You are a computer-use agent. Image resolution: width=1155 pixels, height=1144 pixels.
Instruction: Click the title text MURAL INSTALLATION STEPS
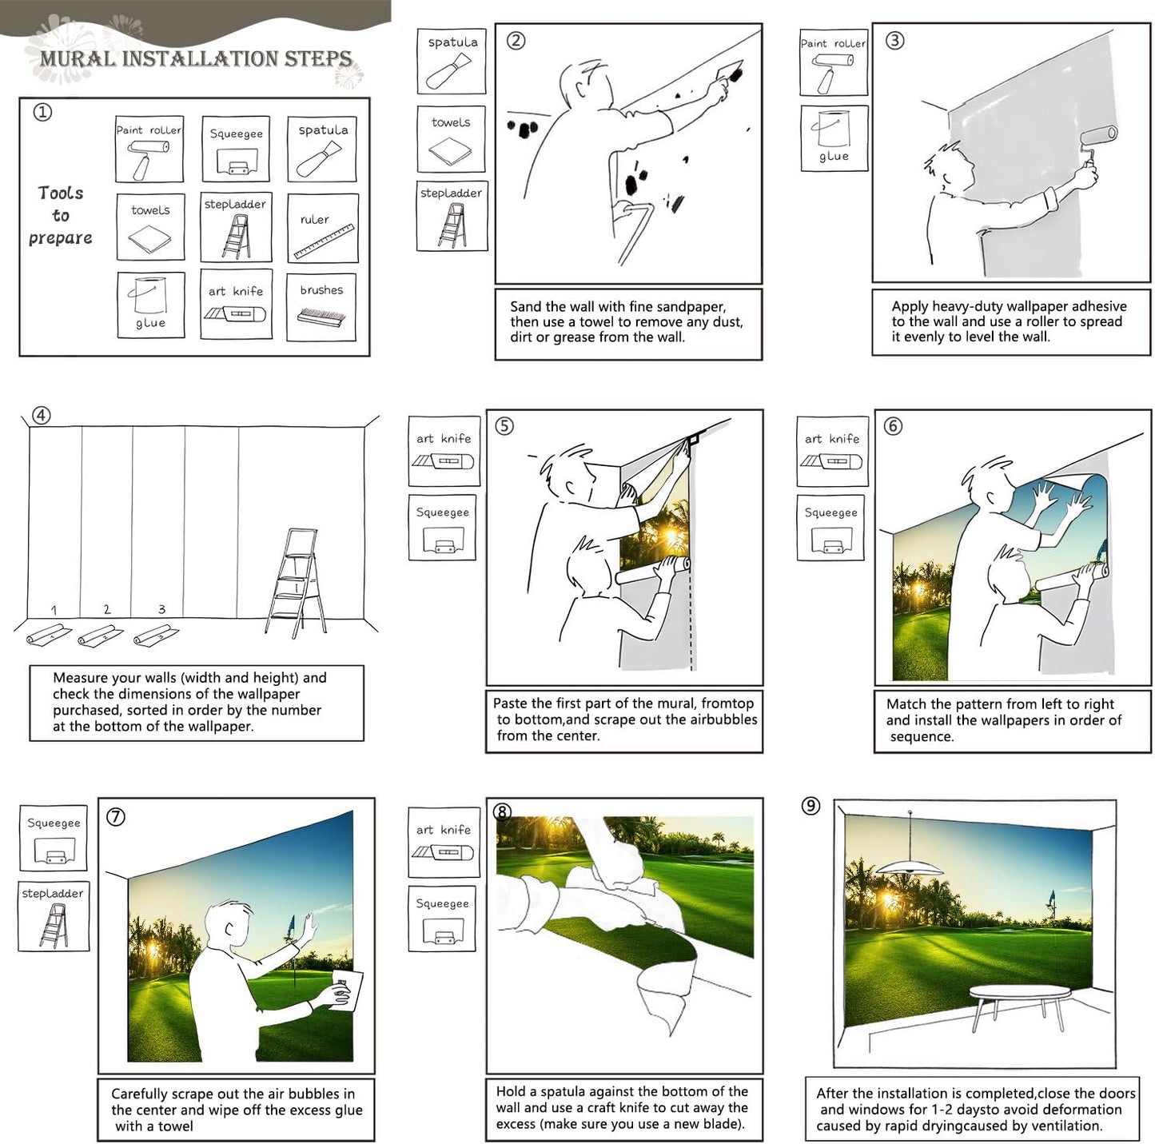tap(196, 58)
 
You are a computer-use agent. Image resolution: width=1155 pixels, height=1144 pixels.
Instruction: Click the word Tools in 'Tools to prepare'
tap(61, 193)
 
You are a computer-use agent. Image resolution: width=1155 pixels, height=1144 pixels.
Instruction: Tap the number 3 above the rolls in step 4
tap(161, 609)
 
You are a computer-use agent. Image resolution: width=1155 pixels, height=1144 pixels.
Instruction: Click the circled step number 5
tap(504, 426)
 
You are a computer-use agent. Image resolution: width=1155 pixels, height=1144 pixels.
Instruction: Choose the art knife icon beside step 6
tap(832, 461)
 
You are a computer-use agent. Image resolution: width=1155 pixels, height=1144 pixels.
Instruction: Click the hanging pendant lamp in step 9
tap(910, 866)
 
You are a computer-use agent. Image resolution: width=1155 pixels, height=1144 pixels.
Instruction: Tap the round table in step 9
tap(1019, 994)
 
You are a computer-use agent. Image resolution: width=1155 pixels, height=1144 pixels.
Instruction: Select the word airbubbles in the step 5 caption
tap(717, 719)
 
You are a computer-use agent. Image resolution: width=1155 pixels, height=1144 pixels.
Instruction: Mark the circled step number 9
tap(810, 806)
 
